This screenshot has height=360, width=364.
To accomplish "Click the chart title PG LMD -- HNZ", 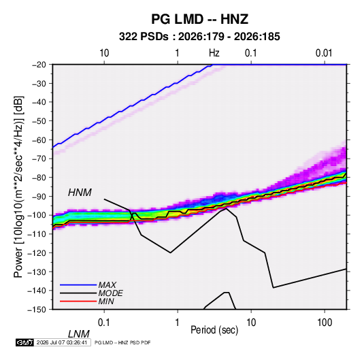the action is [200, 19].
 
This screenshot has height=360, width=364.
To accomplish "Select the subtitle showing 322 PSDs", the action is [199, 37].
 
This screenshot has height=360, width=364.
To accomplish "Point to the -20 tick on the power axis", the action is [39, 65].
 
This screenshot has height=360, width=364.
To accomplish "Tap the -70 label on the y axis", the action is [39, 159].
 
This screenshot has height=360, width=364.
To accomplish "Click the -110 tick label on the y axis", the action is [37, 234].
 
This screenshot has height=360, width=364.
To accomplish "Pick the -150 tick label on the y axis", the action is [37, 310].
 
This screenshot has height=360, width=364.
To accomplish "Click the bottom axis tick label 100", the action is [325, 323].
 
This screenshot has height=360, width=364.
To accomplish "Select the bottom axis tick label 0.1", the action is [104, 323].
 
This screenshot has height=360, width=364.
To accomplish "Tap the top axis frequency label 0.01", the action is [324, 53].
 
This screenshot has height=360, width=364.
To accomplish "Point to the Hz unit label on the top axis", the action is [214, 53].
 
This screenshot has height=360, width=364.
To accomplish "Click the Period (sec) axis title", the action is [214, 330].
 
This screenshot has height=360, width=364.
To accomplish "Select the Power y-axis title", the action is [18, 187].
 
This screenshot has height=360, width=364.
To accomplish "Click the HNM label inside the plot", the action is [80, 193].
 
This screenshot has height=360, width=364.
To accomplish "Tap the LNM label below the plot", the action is [79, 334].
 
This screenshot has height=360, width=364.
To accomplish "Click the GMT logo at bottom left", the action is [25, 342].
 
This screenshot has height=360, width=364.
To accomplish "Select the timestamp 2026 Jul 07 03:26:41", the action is [62, 342].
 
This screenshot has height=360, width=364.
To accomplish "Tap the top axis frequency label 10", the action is [104, 53].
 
